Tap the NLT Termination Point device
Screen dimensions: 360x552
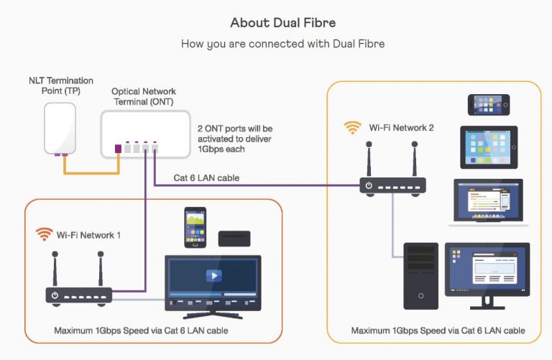pos(60,129)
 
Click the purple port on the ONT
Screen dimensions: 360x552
pos(119,149)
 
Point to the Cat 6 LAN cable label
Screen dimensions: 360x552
pos(206,177)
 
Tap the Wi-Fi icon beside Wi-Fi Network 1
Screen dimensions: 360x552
pos(45,235)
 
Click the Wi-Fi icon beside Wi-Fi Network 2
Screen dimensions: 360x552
pos(353,128)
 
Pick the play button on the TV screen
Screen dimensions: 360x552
pos(213,275)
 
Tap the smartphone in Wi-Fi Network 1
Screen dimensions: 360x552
pos(195,227)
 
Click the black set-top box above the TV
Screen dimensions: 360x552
pos(234,239)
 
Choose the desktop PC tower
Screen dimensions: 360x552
pos(420,276)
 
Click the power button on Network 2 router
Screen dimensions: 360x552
pos(369,185)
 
